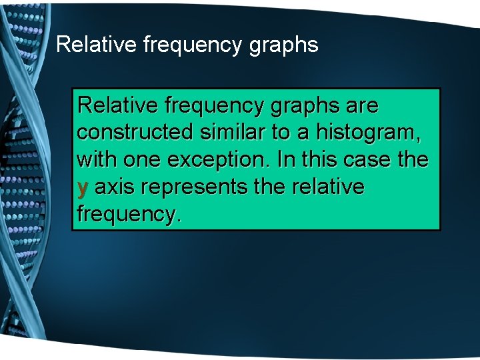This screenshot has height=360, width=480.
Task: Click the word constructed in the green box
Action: [x=133, y=133]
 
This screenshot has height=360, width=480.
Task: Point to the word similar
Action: [x=233, y=133]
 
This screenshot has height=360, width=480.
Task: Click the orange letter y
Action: [x=83, y=189]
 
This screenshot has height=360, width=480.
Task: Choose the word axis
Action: [x=114, y=188]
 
